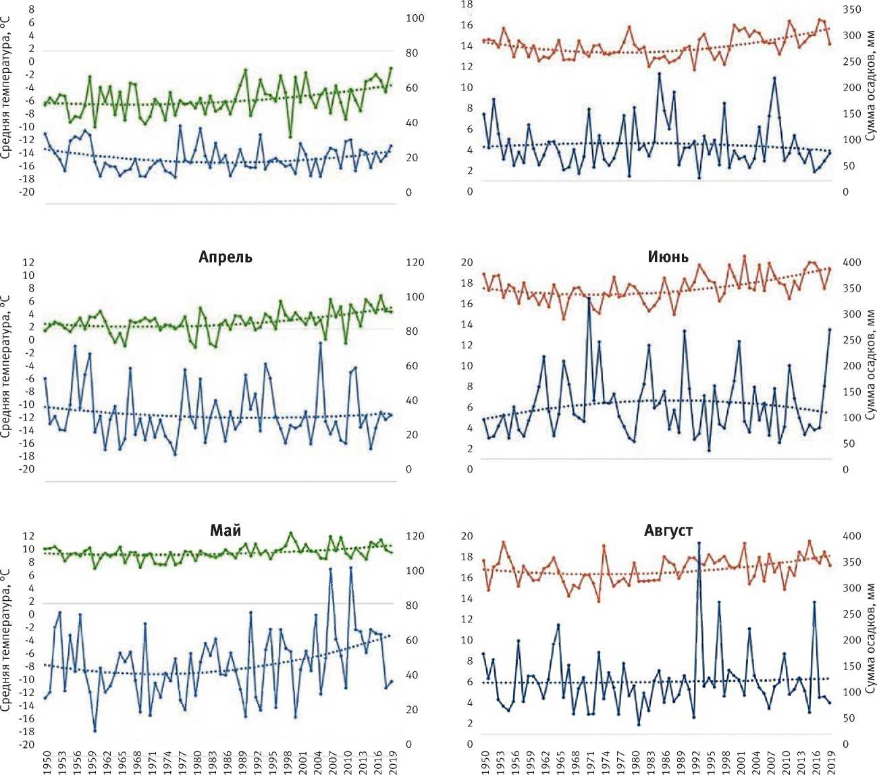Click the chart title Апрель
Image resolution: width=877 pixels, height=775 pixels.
pos(225,257)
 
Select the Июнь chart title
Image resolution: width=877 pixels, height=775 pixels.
pos(668,257)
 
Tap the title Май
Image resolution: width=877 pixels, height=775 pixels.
pos(225,531)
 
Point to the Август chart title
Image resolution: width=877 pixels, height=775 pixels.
pos(668,531)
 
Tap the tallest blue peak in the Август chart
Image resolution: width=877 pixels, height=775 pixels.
pos(699,543)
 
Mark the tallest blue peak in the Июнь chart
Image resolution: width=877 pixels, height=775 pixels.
pos(589,298)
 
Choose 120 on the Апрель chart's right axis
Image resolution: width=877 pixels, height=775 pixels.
pos(415,263)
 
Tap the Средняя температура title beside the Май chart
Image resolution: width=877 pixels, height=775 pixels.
pos(7,637)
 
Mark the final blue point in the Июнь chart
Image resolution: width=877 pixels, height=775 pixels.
pos(830,329)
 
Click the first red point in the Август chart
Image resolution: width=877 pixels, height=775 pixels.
pos(483,560)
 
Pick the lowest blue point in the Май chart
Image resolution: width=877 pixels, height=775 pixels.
pos(95,730)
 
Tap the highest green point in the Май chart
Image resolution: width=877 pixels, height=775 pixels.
pos(291,533)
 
